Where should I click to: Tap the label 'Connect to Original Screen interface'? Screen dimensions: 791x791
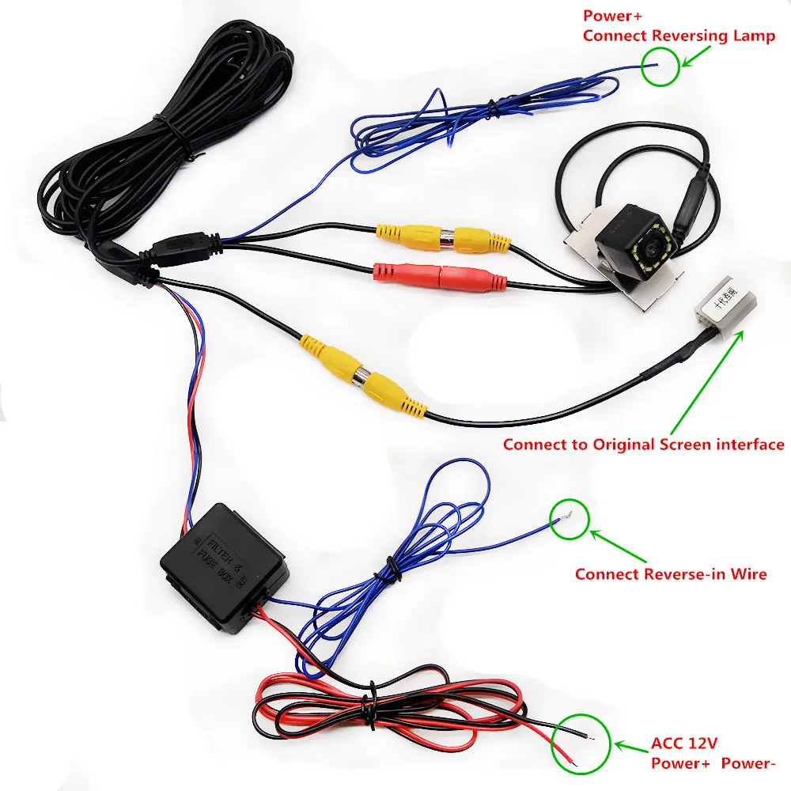[643, 445]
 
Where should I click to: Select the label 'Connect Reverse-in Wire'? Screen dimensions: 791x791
[671, 574]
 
